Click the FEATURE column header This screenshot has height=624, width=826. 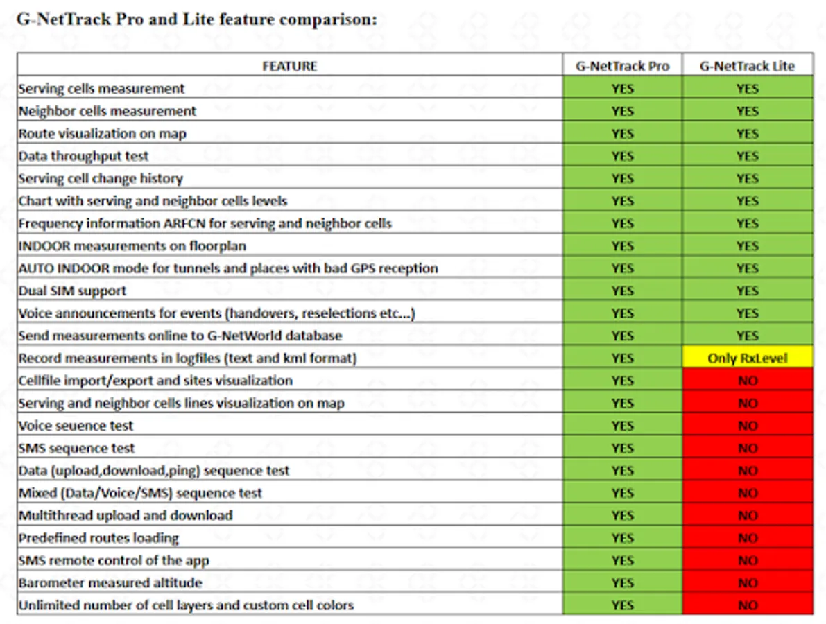click(289, 67)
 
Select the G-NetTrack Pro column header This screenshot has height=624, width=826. click(622, 67)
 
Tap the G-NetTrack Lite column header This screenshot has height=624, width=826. click(747, 67)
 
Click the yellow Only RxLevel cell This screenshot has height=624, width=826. click(747, 358)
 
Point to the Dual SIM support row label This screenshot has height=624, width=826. click(73, 291)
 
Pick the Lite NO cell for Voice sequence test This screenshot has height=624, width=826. click(747, 426)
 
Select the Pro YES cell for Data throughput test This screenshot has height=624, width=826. click(622, 156)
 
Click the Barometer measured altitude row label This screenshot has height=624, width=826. click(110, 583)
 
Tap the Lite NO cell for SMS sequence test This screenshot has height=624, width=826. click(747, 449)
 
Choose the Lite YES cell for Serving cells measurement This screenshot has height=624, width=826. click(747, 89)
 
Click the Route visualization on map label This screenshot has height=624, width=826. click(103, 134)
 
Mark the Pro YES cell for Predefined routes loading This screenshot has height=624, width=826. click(622, 538)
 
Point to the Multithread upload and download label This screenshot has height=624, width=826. click(126, 516)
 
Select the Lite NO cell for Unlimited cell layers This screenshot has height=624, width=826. click(747, 605)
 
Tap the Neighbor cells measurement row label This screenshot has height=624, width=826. click(107, 111)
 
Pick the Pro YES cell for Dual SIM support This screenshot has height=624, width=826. click(622, 291)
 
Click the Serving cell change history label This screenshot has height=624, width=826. click(101, 179)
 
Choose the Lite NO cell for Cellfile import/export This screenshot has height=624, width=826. click(747, 381)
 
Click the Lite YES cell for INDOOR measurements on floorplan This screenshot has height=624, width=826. click(747, 246)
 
